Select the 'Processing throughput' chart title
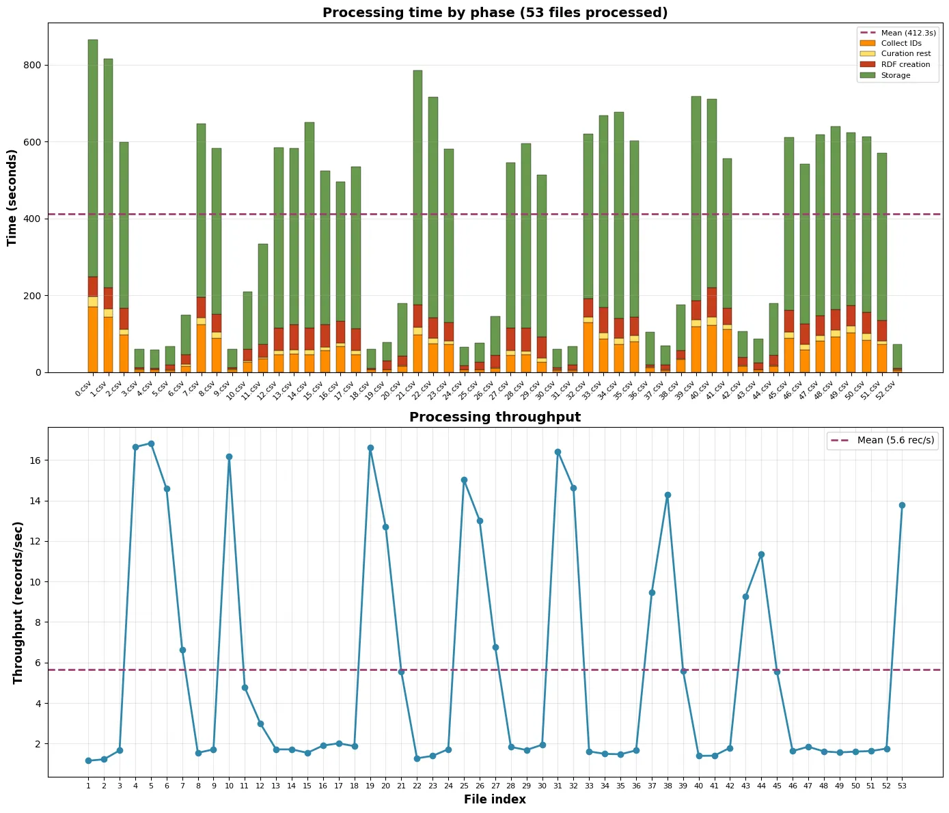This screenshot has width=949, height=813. pos(495,417)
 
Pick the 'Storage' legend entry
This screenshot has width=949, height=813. pos(895,75)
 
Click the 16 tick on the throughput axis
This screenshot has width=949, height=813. pos(35,460)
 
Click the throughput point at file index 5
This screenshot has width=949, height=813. pos(151,444)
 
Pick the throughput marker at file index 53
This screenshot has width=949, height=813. pos(902,505)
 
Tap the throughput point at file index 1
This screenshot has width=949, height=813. pos(88,760)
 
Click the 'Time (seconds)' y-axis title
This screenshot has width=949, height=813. pos(12,197)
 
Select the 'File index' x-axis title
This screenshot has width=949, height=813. pos(495,799)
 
